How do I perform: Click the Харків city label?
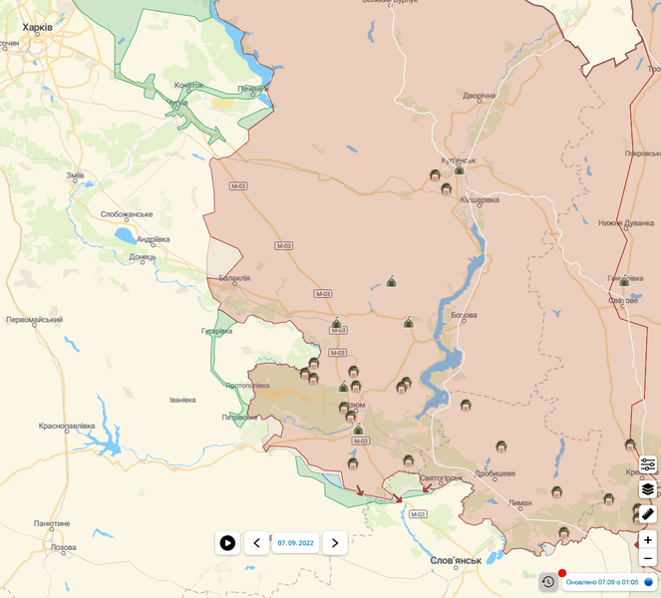[37, 27]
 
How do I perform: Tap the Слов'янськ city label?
[456, 560]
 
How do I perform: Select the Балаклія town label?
[234, 278]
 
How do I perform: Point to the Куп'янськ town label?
[460, 159]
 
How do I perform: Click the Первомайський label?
[34, 320]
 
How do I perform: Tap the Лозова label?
[63, 547]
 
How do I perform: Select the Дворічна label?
[479, 96]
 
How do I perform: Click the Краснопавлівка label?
[67, 426]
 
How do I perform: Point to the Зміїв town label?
[75, 175]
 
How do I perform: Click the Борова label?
[464, 315]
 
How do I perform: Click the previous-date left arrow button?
[257, 543]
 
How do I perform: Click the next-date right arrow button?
[335, 543]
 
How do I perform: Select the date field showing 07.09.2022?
[296, 543]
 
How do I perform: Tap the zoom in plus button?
[648, 540]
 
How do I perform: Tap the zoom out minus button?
[648, 558]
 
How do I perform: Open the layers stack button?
[648, 488]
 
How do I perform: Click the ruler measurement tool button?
[648, 513]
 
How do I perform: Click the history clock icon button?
[547, 581]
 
